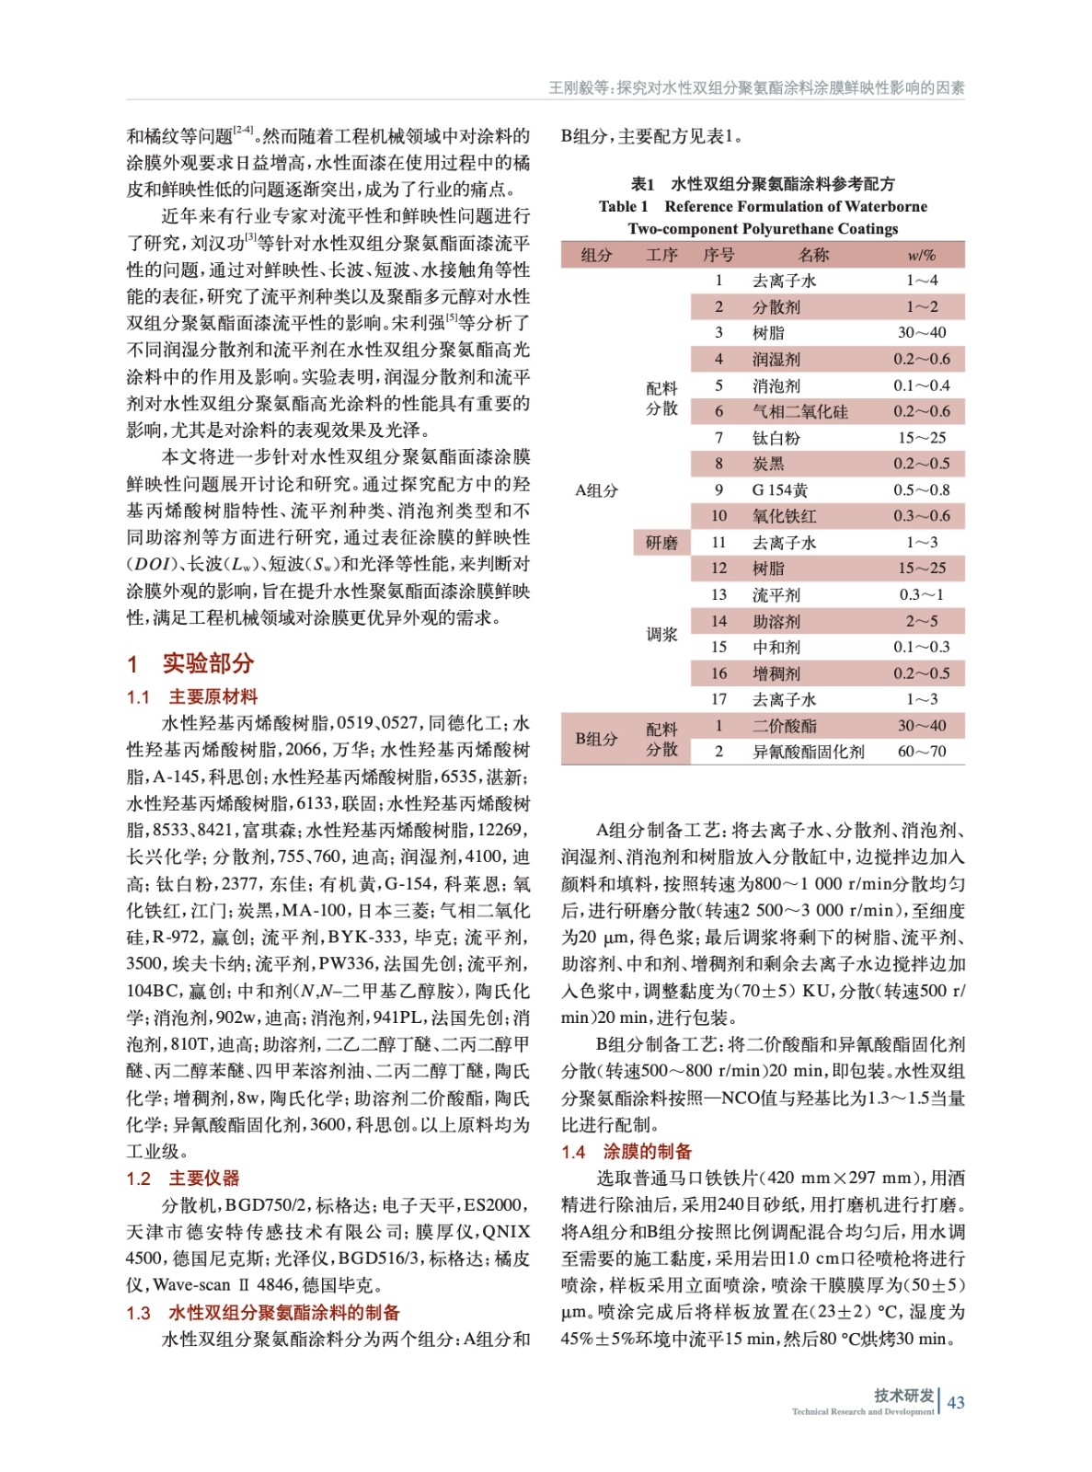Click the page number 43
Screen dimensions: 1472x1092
coord(956,1402)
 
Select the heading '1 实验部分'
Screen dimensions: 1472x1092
coord(190,663)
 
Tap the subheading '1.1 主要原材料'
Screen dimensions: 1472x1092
coord(192,696)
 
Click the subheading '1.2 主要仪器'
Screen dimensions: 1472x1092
coord(183,1179)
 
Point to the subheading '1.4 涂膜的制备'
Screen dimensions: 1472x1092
coord(626,1152)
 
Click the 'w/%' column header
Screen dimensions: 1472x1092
coord(921,255)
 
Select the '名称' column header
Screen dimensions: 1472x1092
coord(813,255)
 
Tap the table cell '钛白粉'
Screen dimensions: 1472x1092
coord(776,438)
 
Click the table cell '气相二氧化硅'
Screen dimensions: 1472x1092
coord(799,411)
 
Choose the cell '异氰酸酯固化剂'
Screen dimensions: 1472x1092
coord(808,752)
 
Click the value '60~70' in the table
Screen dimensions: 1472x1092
coord(922,752)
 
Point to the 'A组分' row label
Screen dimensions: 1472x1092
coord(596,490)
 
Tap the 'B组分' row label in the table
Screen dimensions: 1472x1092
coord(596,739)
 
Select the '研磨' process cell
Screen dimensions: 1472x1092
coord(661,543)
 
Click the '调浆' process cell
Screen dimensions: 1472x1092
coord(661,634)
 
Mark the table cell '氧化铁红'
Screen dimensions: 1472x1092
coord(784,516)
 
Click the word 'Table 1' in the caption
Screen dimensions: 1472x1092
coord(623,207)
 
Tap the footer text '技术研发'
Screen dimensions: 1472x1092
coord(903,1395)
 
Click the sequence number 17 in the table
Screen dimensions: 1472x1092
coord(718,699)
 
